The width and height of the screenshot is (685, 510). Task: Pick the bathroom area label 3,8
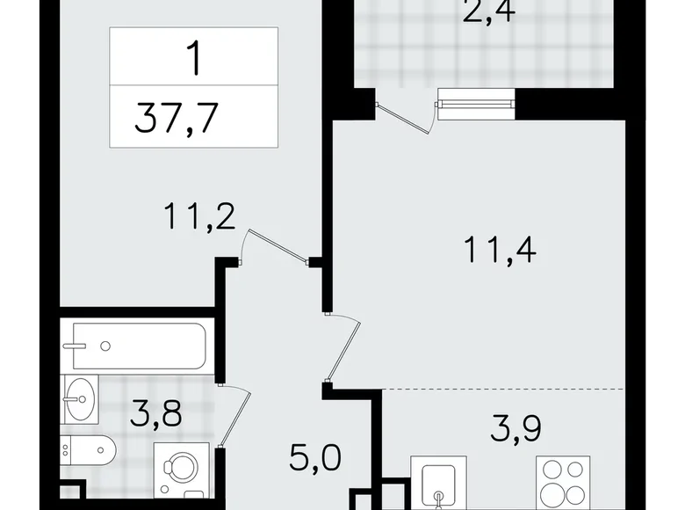click(158, 411)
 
